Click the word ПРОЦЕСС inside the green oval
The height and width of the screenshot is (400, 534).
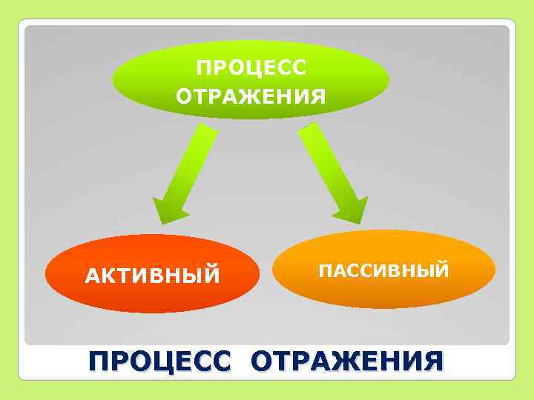pyautogui.click(x=250, y=69)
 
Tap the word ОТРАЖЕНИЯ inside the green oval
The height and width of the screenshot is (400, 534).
pyautogui.click(x=250, y=97)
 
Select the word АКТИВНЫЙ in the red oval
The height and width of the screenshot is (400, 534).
pyautogui.click(x=153, y=276)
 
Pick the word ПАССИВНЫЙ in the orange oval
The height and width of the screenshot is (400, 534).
pyautogui.click(x=383, y=270)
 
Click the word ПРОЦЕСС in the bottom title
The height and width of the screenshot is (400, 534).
pyautogui.click(x=160, y=362)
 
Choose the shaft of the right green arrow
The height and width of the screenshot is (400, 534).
pyautogui.click(x=326, y=163)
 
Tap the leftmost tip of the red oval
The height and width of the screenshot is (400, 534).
pyautogui.click(x=45, y=274)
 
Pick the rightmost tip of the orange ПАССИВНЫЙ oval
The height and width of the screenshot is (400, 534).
pyautogui.click(x=495, y=268)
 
